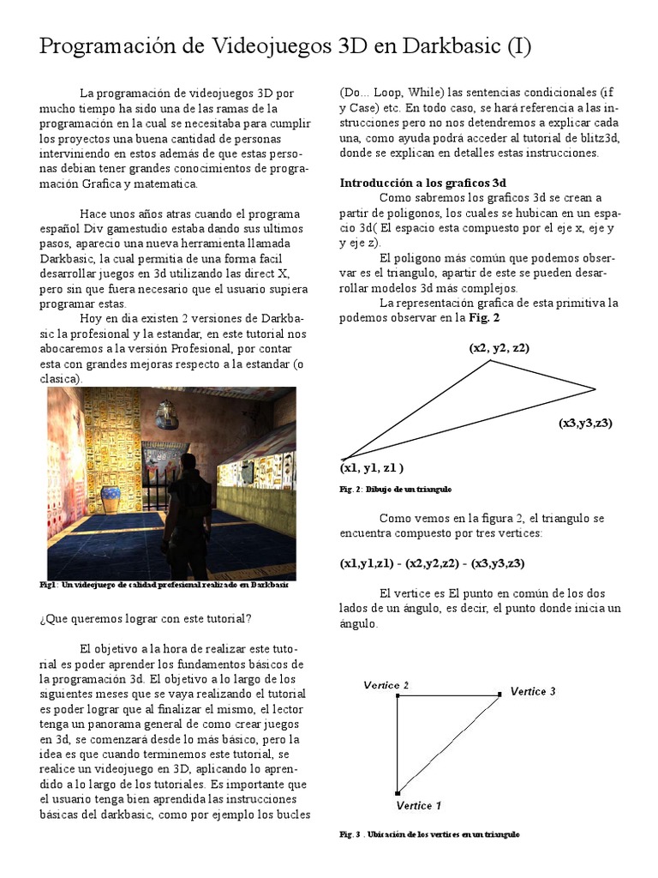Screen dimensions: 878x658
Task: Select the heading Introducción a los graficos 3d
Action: (x=423, y=183)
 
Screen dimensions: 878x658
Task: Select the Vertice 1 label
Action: (x=419, y=805)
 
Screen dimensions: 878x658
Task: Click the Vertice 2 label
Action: (x=386, y=684)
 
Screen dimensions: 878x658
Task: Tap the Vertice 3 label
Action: (x=533, y=691)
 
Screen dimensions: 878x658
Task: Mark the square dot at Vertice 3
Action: (x=499, y=695)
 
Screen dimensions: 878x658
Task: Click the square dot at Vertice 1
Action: (x=398, y=794)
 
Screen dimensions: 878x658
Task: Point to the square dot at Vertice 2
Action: (x=398, y=696)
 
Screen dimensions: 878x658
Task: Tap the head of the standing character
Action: (x=188, y=463)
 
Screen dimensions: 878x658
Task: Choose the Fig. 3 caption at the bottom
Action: (x=429, y=834)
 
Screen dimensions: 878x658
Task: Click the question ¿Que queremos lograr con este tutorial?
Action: (x=146, y=619)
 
